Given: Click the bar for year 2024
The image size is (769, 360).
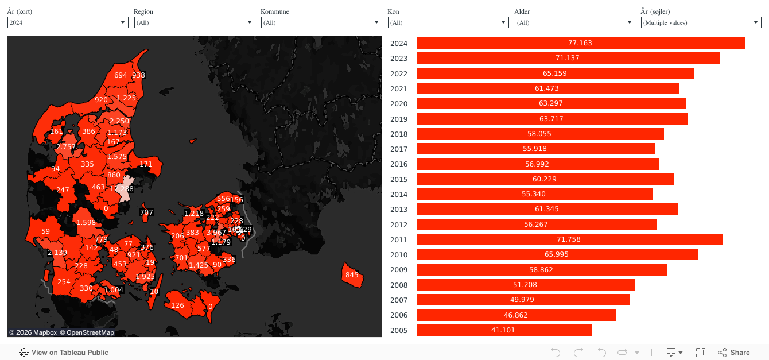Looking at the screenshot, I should click(580, 43).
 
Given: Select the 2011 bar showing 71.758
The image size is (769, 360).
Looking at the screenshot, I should click(569, 239).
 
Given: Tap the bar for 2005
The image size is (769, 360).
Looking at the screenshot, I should click(503, 330).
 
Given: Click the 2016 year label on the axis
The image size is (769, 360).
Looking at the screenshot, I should click(398, 164).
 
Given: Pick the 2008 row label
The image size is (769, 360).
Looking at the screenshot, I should click(398, 285).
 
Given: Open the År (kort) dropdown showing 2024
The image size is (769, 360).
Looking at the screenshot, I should click(67, 22).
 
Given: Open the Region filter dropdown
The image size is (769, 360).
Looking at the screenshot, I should click(194, 22).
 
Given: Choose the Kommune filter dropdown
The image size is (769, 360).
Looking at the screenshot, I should click(321, 22).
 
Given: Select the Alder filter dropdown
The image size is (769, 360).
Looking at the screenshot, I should click(574, 22).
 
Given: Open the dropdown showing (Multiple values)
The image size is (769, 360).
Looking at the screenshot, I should click(701, 22).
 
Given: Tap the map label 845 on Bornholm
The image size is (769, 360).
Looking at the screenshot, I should click(352, 275).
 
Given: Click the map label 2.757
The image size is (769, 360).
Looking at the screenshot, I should click(65, 147).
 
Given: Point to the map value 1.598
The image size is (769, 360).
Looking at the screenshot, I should click(86, 223).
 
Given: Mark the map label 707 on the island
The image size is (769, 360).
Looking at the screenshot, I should click(146, 212).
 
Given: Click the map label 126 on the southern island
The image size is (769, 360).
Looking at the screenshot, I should click(177, 305).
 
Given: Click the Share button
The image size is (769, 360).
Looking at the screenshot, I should click(734, 353).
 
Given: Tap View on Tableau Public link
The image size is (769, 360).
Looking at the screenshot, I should click(64, 353).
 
